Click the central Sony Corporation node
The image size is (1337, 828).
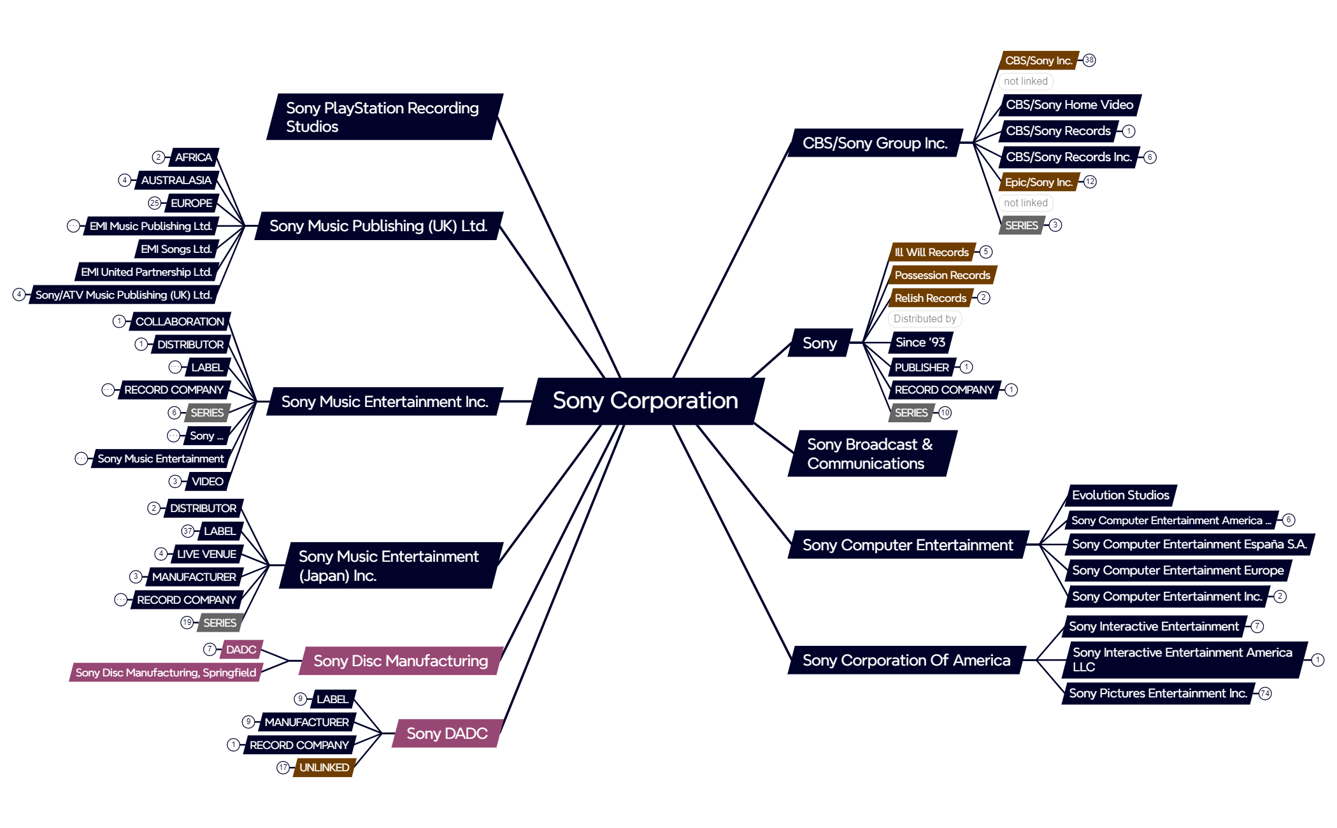point(645,401)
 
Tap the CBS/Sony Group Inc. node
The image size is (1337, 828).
point(875,143)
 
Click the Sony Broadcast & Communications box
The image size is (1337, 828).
point(870,453)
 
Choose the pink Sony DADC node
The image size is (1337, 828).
point(447,733)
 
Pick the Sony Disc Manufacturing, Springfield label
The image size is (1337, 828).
point(166,673)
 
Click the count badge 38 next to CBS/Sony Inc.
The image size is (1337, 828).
point(1089,61)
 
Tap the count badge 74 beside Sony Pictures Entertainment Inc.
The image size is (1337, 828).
point(1265,694)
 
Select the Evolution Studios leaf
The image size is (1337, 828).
point(1120,495)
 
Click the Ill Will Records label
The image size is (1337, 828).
point(931,252)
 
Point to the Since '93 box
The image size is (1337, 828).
point(920,343)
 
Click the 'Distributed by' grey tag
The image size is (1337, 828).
point(924,319)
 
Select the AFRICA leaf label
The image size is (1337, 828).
point(194,157)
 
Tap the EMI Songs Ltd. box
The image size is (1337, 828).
point(176,249)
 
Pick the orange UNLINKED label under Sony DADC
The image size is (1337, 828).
point(324,767)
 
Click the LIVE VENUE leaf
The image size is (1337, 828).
point(206,554)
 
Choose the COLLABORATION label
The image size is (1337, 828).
point(180,322)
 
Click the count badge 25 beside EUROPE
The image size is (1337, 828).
point(154,203)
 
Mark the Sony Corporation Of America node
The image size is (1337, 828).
point(906,660)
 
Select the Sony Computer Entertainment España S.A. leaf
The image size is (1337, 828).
point(1189,545)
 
